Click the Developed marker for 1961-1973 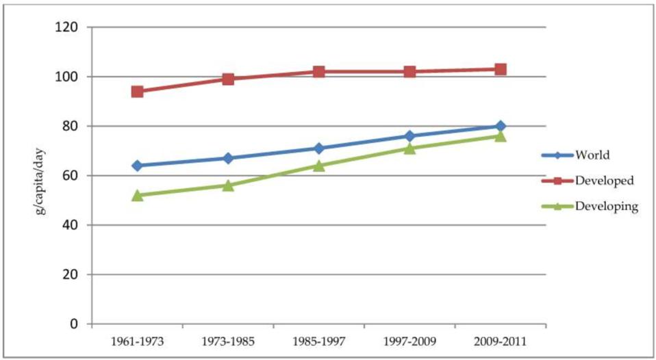click(x=137, y=91)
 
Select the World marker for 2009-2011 click(x=501, y=126)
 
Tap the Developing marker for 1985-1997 click(x=319, y=165)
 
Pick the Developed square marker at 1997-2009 click(x=409, y=71)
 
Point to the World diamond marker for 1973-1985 click(x=228, y=158)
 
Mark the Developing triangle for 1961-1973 click(x=137, y=195)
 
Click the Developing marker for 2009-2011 click(x=501, y=136)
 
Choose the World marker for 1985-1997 click(x=319, y=148)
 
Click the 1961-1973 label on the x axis click(x=137, y=339)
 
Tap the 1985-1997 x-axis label click(x=319, y=339)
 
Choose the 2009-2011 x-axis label click(x=501, y=339)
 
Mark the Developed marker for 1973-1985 click(x=228, y=79)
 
